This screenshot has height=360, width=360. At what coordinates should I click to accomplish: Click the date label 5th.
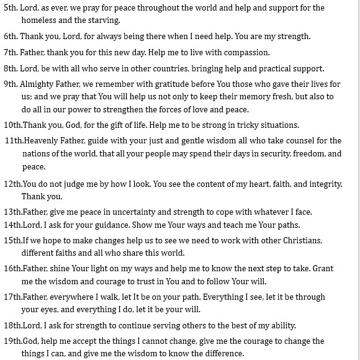click(11, 8)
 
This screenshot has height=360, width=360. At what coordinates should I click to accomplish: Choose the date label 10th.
click(12, 125)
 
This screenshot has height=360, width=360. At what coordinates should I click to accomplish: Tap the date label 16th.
click(12, 269)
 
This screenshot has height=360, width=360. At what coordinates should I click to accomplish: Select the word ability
click(281, 325)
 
